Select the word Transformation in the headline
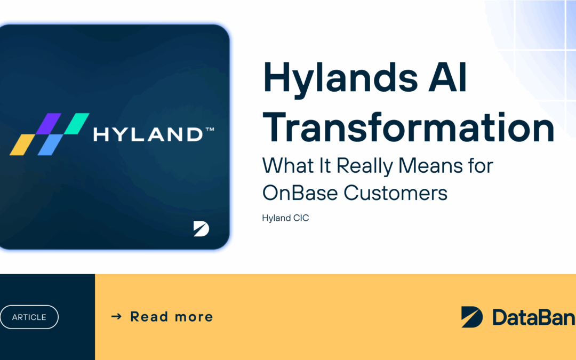(x=409, y=129)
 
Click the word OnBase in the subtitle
(x=299, y=193)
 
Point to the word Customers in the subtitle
(x=396, y=193)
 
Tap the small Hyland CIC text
(x=285, y=218)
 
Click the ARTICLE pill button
(x=29, y=317)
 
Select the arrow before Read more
(x=116, y=317)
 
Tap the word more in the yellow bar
(x=194, y=317)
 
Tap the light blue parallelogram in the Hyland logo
(x=47, y=145)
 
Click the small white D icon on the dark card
(x=201, y=229)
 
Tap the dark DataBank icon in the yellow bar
(x=472, y=317)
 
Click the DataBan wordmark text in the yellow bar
(x=533, y=317)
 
